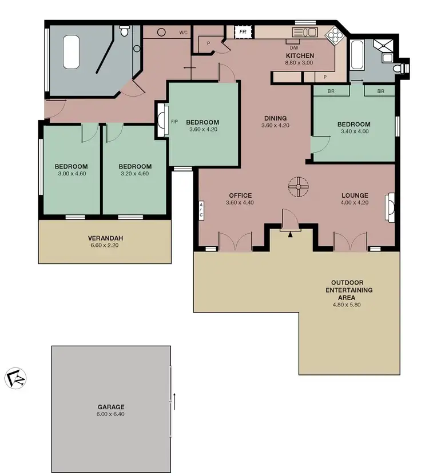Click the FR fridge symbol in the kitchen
click(x=243, y=32)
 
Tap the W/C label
click(x=183, y=33)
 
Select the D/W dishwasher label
click(x=294, y=47)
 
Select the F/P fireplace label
click(x=174, y=121)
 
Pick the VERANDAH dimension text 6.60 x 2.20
click(x=105, y=246)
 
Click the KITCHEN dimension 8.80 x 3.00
click(x=299, y=63)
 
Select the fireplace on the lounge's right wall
click(x=390, y=204)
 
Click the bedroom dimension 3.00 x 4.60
click(x=71, y=174)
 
